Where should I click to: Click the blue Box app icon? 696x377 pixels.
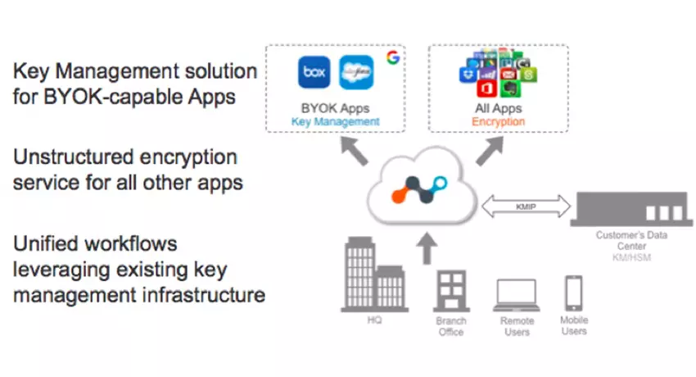314,72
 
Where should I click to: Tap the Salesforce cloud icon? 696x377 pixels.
355,72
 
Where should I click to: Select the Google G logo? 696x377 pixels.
393,57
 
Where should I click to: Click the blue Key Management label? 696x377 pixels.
336,121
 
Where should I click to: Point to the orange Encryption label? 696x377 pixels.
498,121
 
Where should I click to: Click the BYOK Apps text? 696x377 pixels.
336,108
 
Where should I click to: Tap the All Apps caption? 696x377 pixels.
498,108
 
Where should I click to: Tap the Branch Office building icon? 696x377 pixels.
450,291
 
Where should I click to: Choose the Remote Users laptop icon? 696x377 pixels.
517,294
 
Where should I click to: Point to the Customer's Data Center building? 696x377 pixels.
626,208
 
